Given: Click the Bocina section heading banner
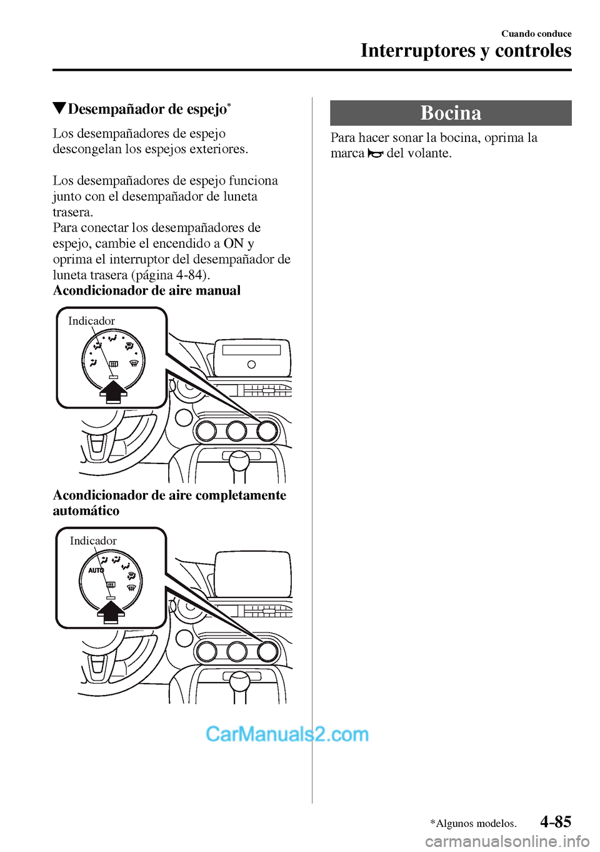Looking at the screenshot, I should tap(451, 113).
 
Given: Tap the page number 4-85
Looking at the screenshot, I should tap(556, 821).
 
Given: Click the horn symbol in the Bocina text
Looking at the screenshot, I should tap(376, 153).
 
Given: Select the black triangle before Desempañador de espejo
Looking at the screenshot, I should tap(59, 108).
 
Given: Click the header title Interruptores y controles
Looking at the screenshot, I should tap(466, 51).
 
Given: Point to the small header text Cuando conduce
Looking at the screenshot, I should tap(536, 34).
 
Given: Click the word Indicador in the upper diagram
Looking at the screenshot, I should tap(91, 321).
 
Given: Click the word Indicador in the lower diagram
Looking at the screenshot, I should tap(93, 541).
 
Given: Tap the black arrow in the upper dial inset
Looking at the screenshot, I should tap(113, 393).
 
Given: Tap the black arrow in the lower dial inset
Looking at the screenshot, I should tap(111, 612).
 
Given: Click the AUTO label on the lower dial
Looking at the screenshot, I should tap(96, 571).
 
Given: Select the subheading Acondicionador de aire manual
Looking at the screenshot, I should tap(147, 290).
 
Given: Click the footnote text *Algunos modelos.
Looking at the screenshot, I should tap(473, 824).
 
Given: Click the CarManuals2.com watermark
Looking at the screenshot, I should tap(287, 734).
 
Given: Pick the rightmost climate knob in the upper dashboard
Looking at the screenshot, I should tap(267, 430).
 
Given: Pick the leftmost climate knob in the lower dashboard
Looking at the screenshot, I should tap(206, 651).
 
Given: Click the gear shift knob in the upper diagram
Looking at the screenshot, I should tap(239, 460).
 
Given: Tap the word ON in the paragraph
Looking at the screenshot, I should tap(234, 243).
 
